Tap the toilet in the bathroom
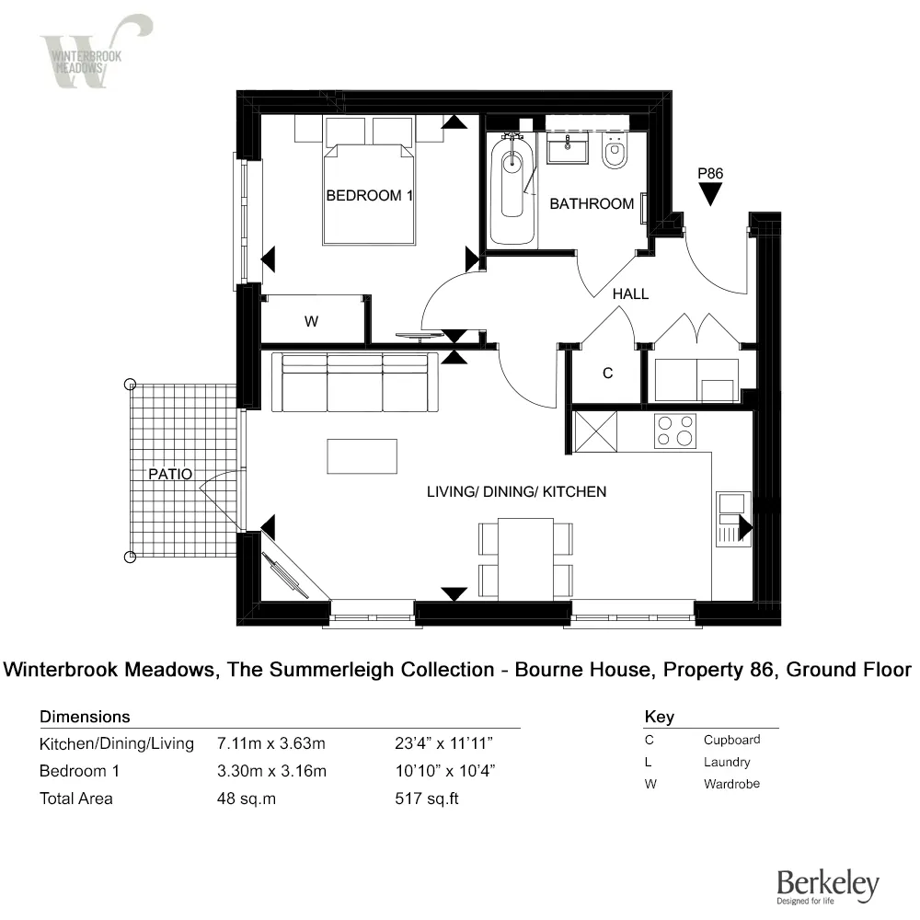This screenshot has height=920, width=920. (x=614, y=154)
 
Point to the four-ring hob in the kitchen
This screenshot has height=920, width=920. (x=675, y=431)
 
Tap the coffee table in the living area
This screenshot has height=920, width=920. (x=362, y=456)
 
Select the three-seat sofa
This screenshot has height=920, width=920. (x=356, y=382)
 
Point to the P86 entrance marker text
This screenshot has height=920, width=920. (x=710, y=173)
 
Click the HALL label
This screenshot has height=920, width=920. (x=631, y=294)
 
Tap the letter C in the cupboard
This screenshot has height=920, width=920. (x=607, y=374)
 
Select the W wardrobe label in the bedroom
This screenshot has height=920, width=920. (x=311, y=322)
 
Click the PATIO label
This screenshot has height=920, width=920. (x=172, y=474)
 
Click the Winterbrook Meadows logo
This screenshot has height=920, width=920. (x=95, y=52)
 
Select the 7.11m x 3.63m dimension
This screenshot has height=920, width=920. (x=271, y=743)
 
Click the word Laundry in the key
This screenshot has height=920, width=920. (x=727, y=762)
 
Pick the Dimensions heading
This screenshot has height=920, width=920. (x=85, y=717)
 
